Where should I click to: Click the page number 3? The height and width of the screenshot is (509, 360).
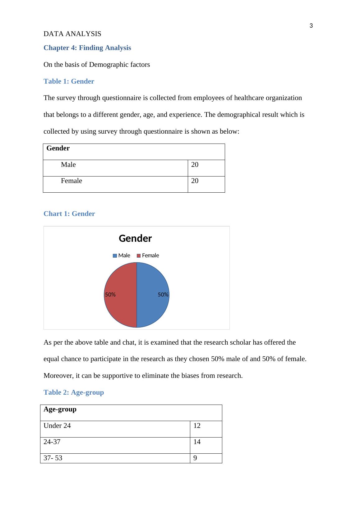pos(311,26)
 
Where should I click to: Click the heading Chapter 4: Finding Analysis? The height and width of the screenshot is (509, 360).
pos(87,48)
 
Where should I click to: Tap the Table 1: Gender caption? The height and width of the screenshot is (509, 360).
pos(69,81)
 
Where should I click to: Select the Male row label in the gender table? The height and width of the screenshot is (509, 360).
pos(68,165)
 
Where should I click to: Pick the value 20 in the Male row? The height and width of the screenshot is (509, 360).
pos(195,165)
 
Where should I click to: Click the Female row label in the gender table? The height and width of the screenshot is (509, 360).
pos(72,181)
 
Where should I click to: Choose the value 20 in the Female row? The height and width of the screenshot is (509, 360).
pos(195,181)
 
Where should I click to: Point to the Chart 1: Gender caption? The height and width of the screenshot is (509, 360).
pos(69,214)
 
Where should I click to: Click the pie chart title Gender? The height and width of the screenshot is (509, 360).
pos(135,238)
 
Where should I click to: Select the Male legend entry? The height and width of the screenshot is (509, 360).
pos(122,255)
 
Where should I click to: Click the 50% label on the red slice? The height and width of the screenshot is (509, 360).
pos(110,295)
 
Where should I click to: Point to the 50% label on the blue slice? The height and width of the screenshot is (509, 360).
pos(163,295)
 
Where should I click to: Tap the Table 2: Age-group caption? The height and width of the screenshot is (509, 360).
pos(74,392)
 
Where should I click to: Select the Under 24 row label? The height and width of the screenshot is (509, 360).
pos(57,426)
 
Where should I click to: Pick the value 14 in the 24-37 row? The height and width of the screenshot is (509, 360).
pos(197,442)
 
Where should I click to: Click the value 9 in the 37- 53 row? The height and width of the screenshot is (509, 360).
pos(195,458)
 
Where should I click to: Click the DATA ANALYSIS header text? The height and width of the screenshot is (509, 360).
pos(72,34)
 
